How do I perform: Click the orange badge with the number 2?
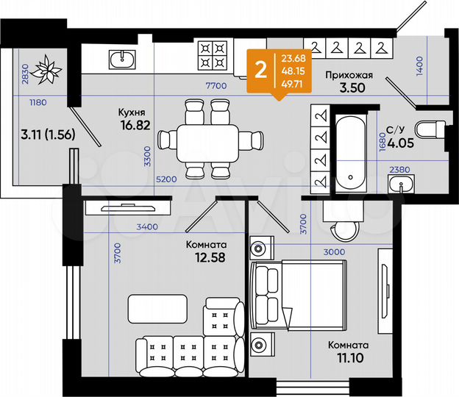point(259,70)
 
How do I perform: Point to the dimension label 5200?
point(167,179)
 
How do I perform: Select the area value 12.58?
point(207,257)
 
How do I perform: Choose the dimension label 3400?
point(148,227)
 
